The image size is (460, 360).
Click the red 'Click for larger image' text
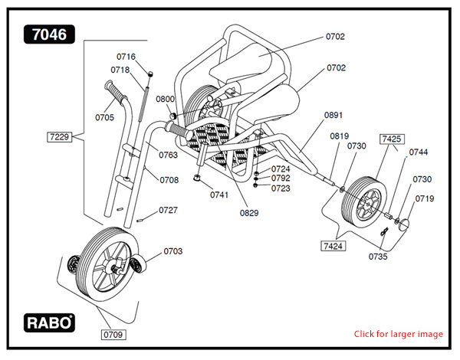coord(398,334)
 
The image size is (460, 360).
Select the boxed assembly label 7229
coord(58,137)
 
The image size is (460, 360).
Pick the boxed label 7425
coord(392,139)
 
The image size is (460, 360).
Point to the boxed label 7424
coord(333,246)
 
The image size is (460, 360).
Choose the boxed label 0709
coord(113,335)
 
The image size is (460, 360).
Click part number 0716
coord(126,57)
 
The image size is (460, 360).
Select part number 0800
coord(165,100)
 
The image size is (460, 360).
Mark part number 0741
coord(220,195)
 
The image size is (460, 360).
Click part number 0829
coord(248,213)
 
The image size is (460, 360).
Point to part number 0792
coord(281,178)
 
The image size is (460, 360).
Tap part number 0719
coord(425,199)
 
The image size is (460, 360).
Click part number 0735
coord(377,257)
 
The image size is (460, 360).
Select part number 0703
coord(173,251)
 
